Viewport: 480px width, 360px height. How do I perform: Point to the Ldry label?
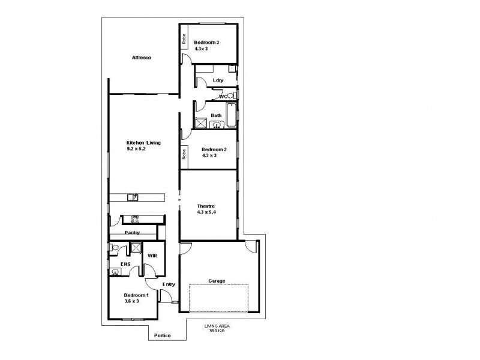218,80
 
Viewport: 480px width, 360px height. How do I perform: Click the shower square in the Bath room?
200,124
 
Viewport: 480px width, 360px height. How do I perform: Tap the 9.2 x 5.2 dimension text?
136,148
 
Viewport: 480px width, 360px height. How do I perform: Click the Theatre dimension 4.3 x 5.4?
206,212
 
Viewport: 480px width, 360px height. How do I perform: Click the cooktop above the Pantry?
135,219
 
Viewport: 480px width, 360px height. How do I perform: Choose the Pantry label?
132,232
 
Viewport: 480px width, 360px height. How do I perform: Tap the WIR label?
152,255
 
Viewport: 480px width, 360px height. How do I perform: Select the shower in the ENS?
136,247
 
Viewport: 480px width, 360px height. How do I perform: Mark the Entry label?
168,285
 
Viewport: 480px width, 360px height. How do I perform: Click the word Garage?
216,280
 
